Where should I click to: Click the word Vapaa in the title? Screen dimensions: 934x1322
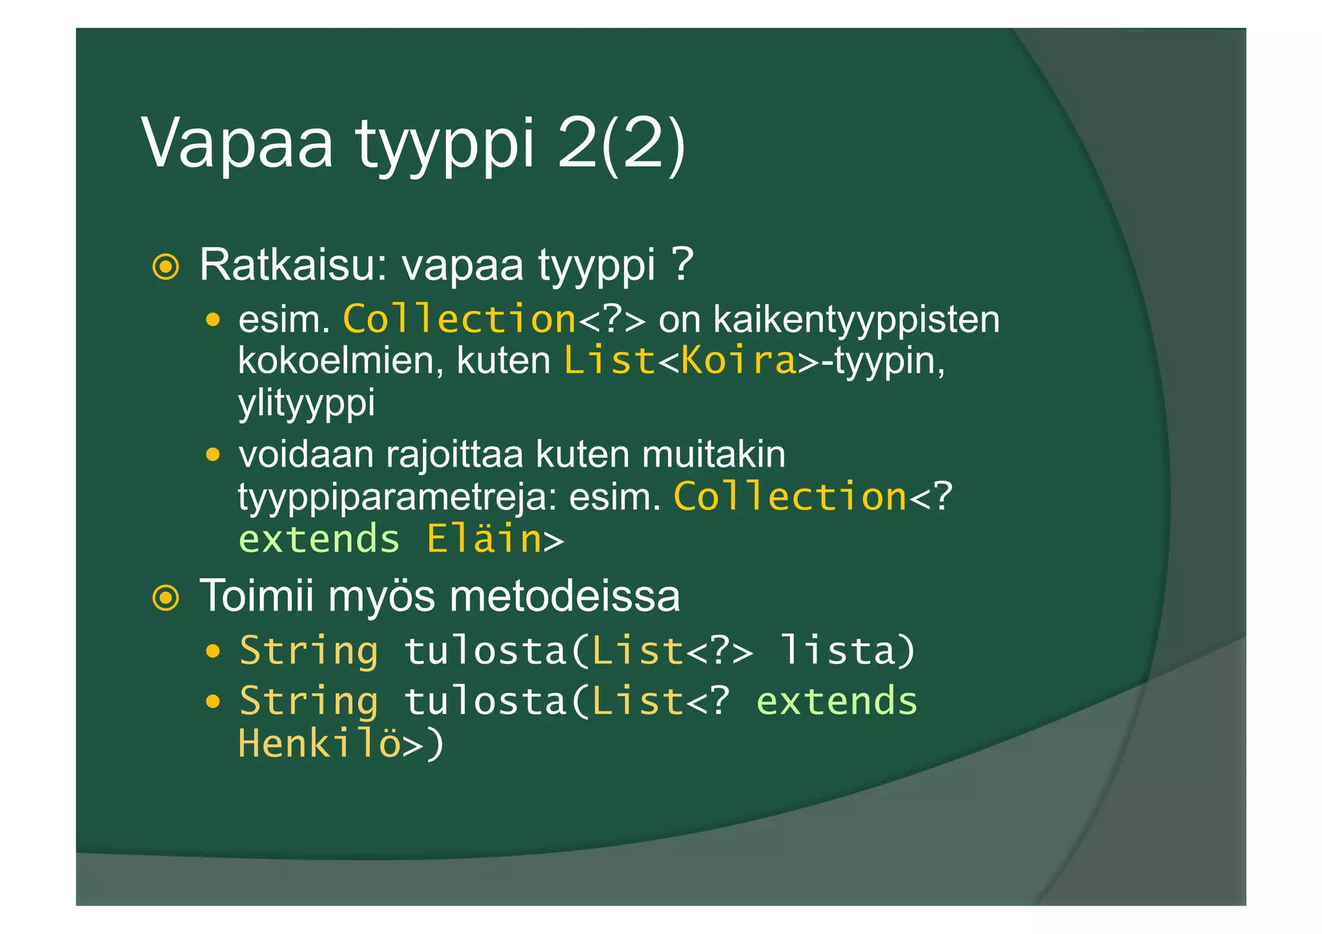tap(237, 143)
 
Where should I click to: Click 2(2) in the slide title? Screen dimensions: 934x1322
tap(620, 143)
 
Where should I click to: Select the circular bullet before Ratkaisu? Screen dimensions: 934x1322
tap(166, 267)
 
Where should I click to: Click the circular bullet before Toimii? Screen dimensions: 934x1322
tap(166, 598)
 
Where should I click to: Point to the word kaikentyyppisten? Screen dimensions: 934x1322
tap(857, 320)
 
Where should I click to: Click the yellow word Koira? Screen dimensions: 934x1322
tap(739, 360)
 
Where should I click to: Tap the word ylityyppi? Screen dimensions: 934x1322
tap(307, 403)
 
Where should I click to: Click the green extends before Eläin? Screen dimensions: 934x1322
tap(319, 539)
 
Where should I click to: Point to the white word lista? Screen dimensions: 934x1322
tap(839, 650)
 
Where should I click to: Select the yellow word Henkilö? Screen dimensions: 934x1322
tap(319, 744)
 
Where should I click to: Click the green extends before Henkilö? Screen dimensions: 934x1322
tap(837, 701)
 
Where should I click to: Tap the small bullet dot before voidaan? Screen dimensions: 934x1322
tap(213, 455)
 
